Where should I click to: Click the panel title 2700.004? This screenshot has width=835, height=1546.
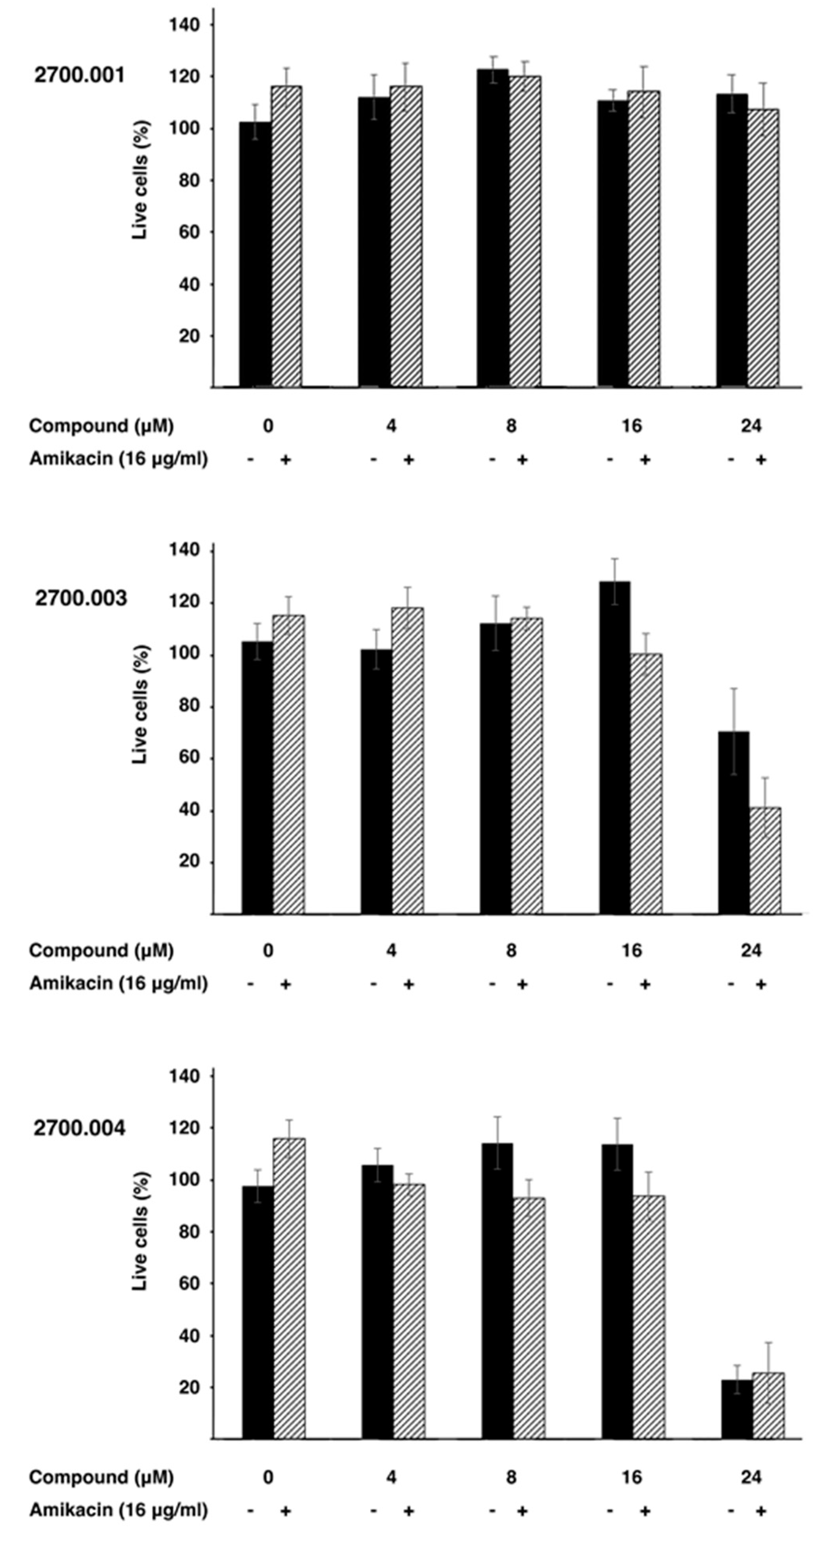pyautogui.click(x=80, y=1128)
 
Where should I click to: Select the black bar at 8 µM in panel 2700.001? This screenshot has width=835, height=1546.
pyautogui.click(x=493, y=228)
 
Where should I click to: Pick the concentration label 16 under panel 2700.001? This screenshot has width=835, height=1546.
pyautogui.click(x=631, y=426)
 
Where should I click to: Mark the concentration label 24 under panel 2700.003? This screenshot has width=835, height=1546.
pyautogui.click(x=750, y=951)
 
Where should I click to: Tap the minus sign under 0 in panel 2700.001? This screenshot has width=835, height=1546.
pyautogui.click(x=251, y=460)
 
